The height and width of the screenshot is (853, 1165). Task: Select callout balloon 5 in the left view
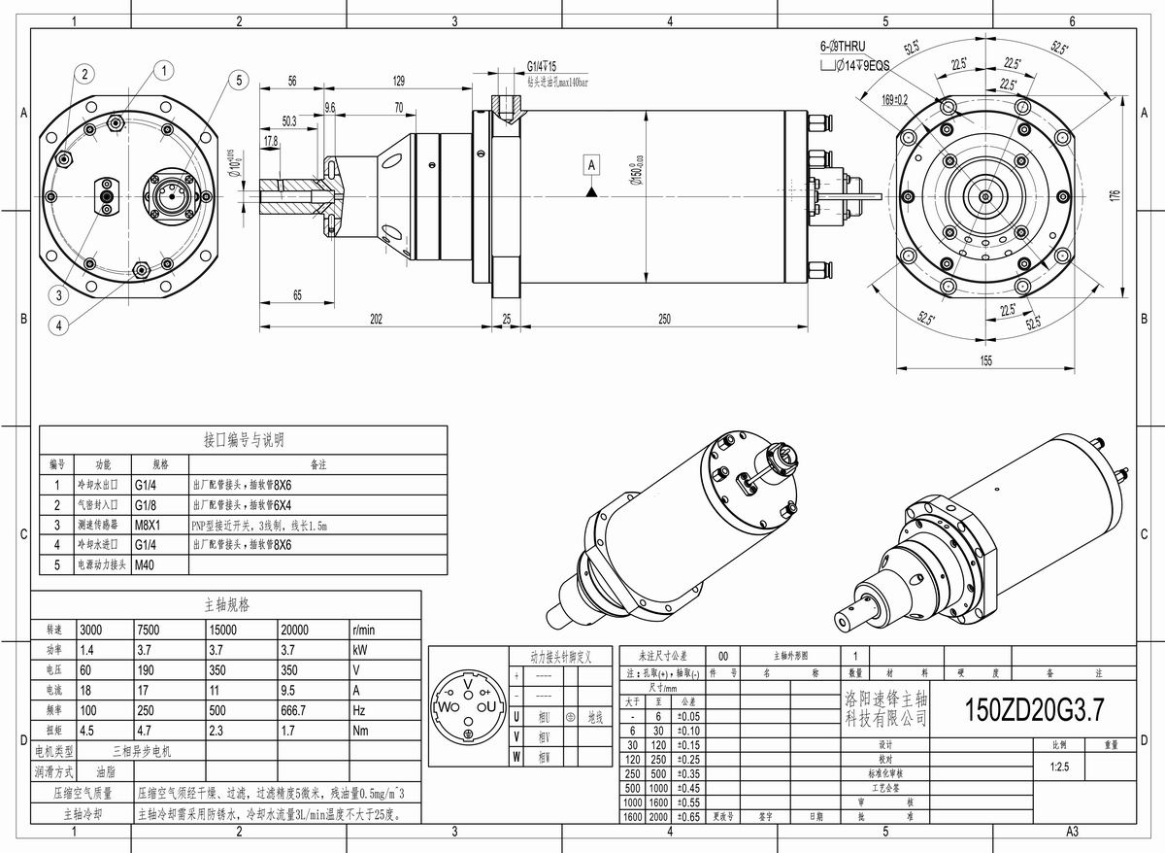(239, 81)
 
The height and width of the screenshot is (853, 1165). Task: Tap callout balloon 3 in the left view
(59, 295)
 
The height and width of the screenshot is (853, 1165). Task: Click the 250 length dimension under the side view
(664, 319)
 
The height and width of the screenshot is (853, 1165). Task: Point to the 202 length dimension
(375, 319)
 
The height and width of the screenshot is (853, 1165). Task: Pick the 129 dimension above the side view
(398, 81)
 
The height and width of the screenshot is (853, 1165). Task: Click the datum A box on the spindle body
(590, 166)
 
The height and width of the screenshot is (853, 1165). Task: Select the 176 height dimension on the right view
(1115, 195)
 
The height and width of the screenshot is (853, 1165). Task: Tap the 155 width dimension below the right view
(985, 360)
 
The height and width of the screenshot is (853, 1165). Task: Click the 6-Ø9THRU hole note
(842, 47)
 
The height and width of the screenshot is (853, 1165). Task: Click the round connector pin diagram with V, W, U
(468, 705)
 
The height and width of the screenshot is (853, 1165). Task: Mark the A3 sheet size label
(1073, 832)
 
